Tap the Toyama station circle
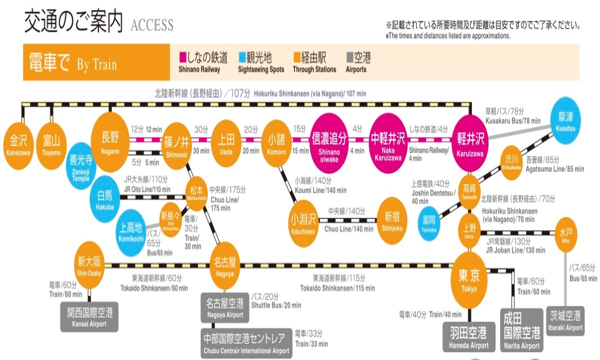coord(51,142)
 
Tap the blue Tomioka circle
coord(429,223)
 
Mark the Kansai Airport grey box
coord(90,317)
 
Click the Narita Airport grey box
coord(521,330)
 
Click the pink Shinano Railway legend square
coord(182,57)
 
